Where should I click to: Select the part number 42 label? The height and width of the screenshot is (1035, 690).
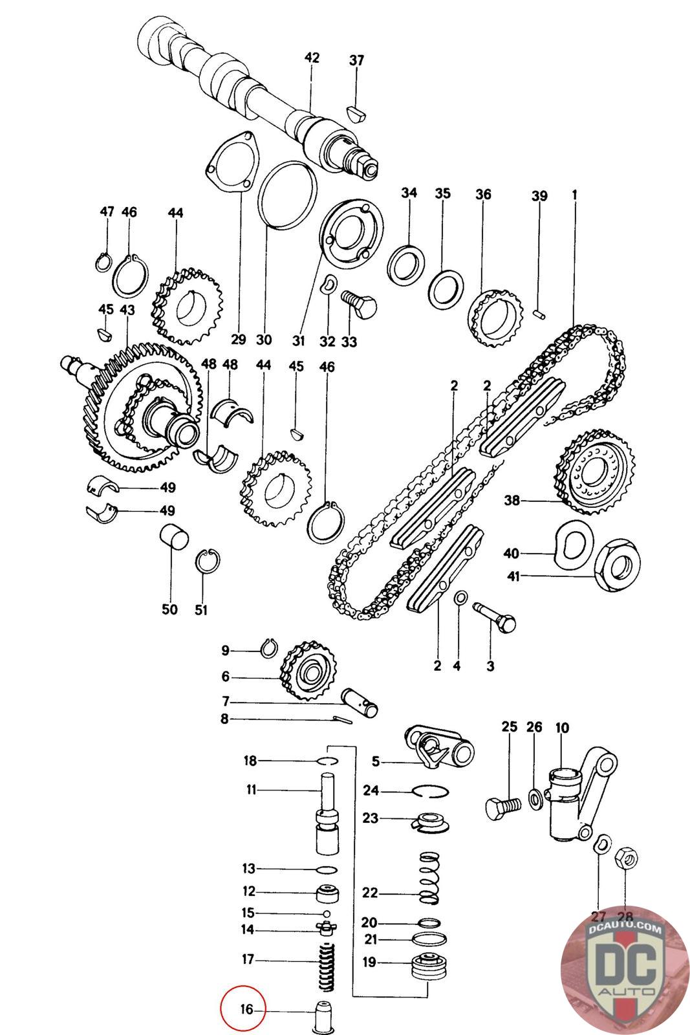[312, 58]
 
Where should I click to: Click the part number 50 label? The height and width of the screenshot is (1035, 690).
[169, 609]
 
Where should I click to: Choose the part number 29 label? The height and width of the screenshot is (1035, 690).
[239, 340]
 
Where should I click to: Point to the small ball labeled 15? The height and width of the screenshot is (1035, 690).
[327, 913]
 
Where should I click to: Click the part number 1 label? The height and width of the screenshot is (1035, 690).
[574, 193]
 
